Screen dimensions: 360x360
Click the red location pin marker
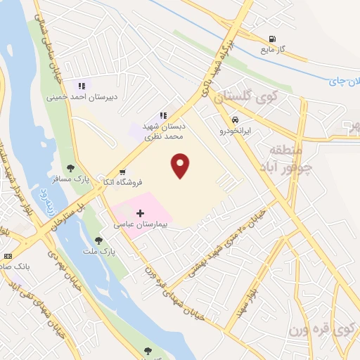(x=181, y=165)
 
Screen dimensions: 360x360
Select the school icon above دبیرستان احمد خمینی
(x=82, y=86)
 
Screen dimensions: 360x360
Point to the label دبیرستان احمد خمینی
(x=77, y=98)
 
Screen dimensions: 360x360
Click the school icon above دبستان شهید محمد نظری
(x=163, y=115)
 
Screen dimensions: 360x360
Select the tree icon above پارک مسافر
(x=70, y=168)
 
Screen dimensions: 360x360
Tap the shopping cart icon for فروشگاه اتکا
(x=124, y=171)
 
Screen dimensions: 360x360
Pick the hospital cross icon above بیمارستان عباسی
(x=140, y=212)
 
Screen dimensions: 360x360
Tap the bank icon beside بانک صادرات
(x=8, y=256)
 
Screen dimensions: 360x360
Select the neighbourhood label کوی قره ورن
(x=323, y=328)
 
